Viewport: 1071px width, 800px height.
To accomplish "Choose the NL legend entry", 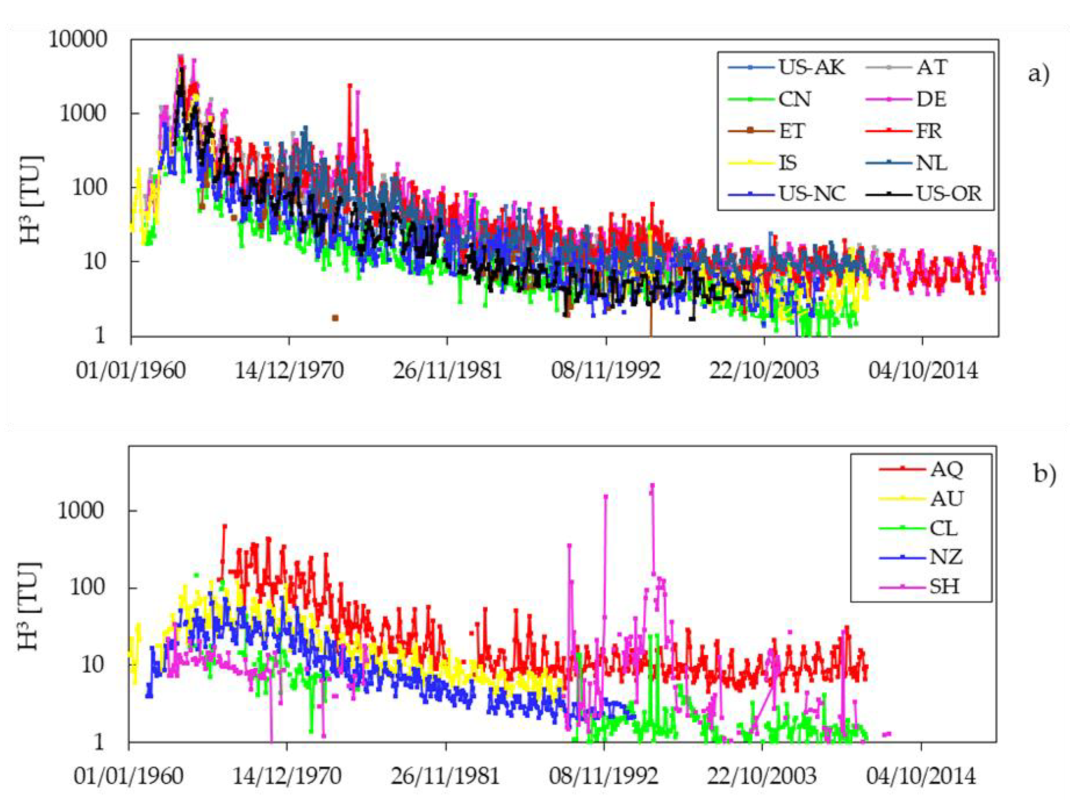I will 931,163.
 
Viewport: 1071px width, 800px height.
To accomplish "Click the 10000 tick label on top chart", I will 78,39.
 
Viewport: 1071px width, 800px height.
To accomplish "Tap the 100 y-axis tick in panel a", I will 89,187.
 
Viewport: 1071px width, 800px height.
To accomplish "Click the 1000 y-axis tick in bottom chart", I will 81,511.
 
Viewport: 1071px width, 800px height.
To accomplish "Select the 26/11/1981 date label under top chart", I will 447,370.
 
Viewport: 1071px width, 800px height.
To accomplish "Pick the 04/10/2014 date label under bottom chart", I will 920,775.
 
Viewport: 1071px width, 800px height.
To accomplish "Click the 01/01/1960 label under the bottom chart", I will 129,775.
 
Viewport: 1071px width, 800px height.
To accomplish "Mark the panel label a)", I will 1039,74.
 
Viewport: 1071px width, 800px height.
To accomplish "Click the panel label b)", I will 1044,474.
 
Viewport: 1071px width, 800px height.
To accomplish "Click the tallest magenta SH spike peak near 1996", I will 652,485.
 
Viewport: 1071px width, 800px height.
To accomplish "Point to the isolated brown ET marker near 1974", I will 335,318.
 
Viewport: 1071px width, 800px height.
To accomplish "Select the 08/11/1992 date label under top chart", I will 606,370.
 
